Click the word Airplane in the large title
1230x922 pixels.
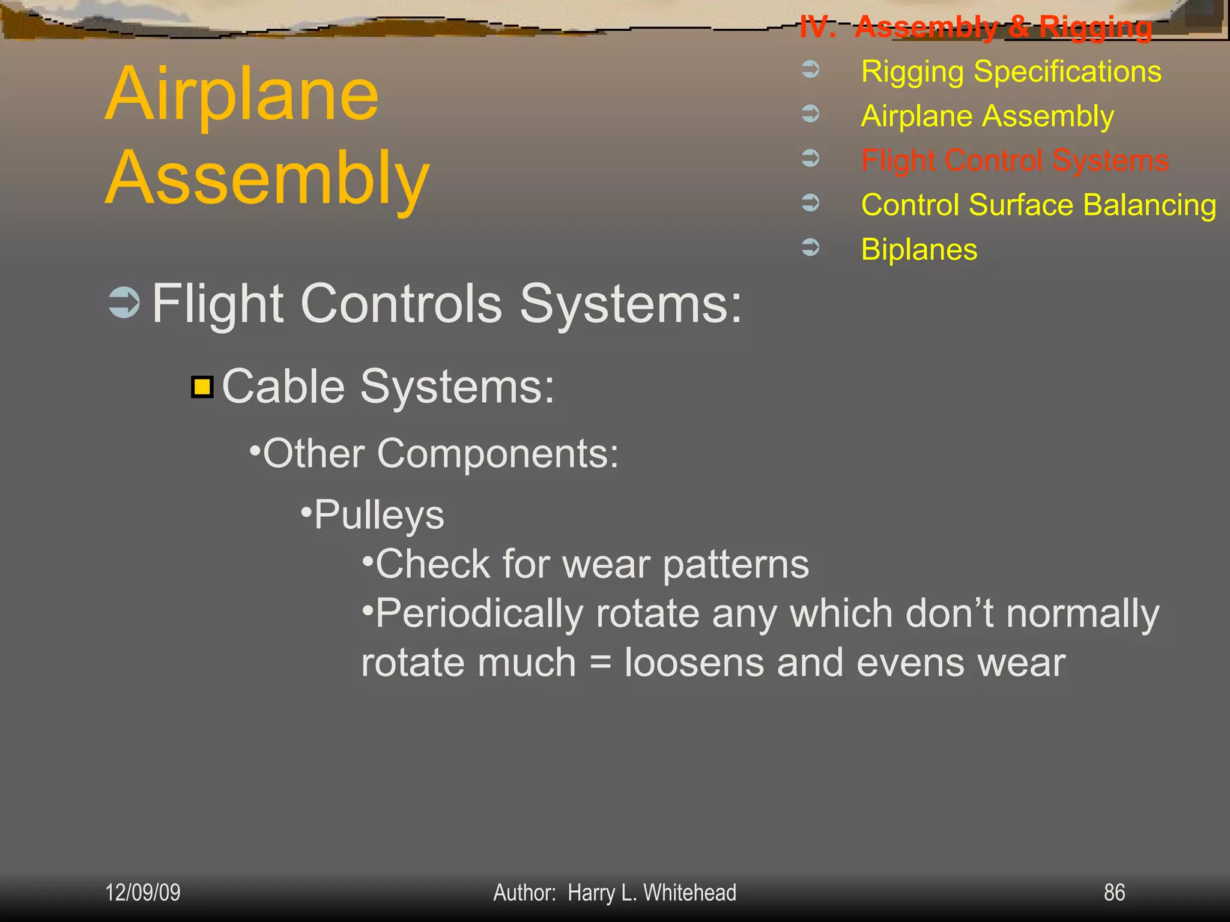point(242,94)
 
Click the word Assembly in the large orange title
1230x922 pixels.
point(267,178)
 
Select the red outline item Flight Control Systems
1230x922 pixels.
point(1014,160)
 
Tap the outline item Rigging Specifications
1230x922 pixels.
point(1011,71)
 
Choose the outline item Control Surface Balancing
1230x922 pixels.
point(1038,205)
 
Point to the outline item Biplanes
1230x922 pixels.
point(919,249)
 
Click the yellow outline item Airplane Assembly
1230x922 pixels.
point(987,116)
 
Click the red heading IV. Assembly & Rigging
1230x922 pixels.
point(976,27)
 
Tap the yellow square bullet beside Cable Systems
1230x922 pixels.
point(202,387)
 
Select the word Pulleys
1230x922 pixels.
point(379,515)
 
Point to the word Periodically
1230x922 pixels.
point(479,614)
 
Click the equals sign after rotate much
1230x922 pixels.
point(600,664)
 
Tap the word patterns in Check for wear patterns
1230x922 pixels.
point(736,565)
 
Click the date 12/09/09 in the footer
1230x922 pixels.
point(143,893)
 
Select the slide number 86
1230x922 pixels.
point(1114,893)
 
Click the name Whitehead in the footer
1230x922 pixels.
point(689,893)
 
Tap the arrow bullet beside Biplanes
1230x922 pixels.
point(811,247)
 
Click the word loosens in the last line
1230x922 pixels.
point(694,663)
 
